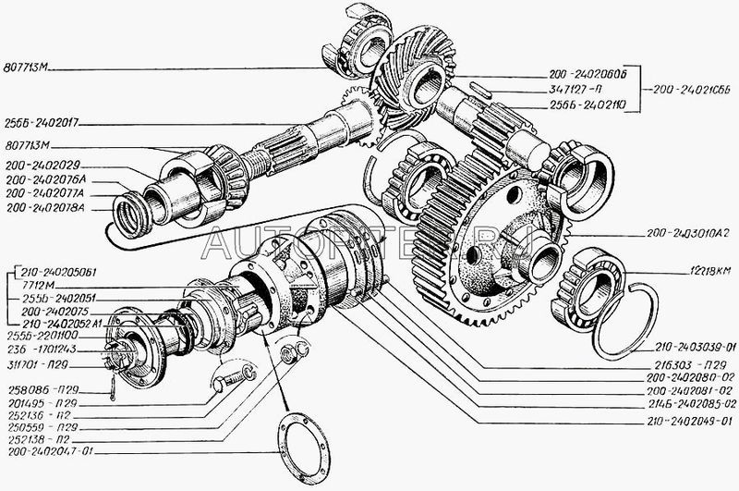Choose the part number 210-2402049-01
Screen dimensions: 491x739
pyautogui.click(x=684, y=422)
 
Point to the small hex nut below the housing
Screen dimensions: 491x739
pyautogui.click(x=288, y=350)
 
